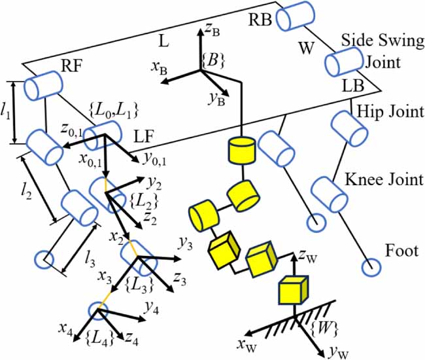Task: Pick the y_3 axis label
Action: point(185,243)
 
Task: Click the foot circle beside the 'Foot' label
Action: point(370,266)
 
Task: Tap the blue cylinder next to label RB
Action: point(296,16)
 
